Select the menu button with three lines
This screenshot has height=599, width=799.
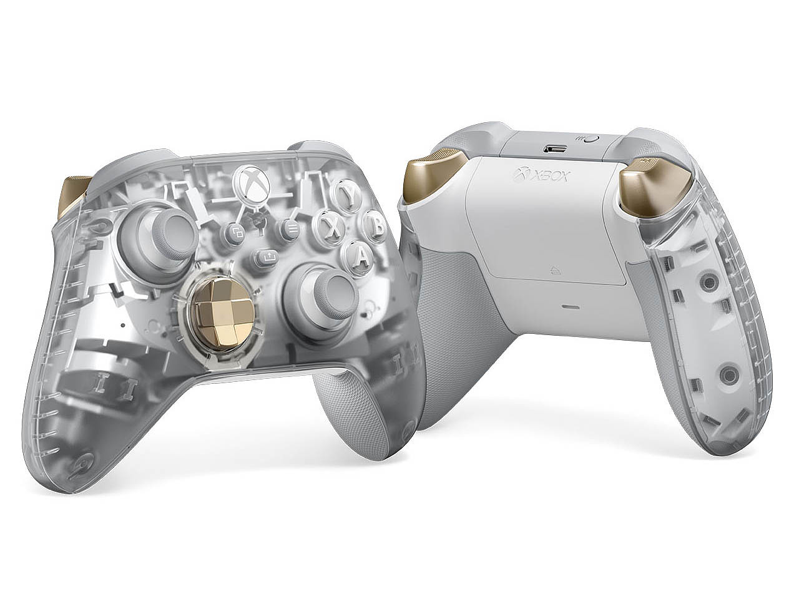point(290,228)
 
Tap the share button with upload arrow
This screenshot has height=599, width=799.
point(268,258)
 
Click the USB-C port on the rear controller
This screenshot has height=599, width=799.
point(554,149)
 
